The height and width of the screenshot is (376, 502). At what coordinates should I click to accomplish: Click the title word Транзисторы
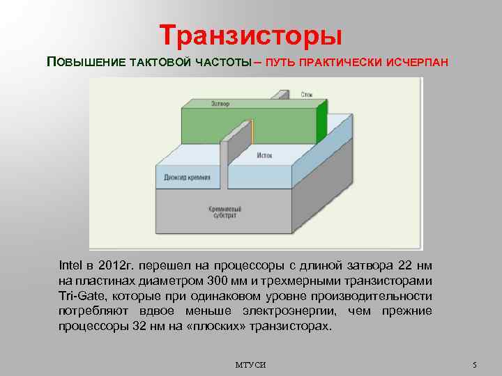click(250, 34)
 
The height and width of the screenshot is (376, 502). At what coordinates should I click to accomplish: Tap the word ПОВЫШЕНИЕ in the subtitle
click(86, 62)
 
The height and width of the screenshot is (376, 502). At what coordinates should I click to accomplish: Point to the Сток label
click(307, 93)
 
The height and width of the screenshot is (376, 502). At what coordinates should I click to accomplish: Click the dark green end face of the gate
click(321, 123)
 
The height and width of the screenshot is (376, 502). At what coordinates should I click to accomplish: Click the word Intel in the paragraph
click(70, 265)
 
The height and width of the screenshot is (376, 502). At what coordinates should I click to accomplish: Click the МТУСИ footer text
click(250, 365)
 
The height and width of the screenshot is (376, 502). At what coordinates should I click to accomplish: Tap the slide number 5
click(473, 365)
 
